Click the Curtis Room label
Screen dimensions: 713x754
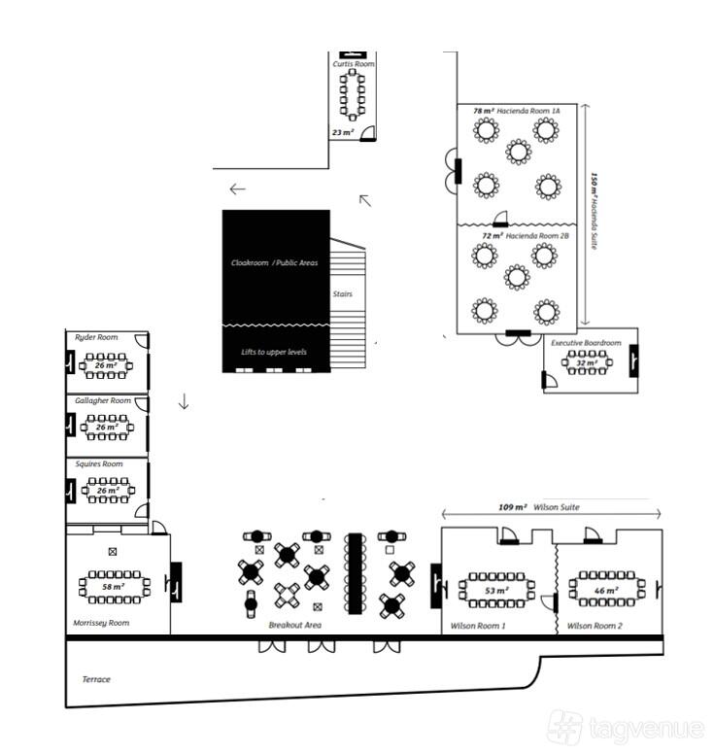354,63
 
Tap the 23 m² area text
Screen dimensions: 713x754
343,132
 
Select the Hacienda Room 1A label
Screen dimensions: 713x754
528,111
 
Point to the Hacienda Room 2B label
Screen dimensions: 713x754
537,235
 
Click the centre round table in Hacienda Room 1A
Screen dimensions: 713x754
519,152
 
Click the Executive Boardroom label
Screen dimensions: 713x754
586,343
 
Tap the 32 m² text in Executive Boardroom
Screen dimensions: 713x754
587,363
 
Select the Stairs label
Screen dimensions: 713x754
342,293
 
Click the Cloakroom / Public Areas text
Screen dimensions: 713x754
274,262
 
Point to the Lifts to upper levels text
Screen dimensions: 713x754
274,352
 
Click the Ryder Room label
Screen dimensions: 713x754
96,337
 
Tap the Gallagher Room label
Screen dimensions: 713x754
103,400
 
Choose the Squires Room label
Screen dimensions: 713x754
99,464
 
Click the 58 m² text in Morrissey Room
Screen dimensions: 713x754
114,587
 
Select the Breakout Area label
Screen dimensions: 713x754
294,625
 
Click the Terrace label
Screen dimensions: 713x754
96,679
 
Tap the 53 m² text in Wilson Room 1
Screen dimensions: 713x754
495,590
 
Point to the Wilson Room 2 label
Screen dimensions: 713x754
594,626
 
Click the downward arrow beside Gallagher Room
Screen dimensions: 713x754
184,401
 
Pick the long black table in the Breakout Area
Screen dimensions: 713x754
355,573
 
